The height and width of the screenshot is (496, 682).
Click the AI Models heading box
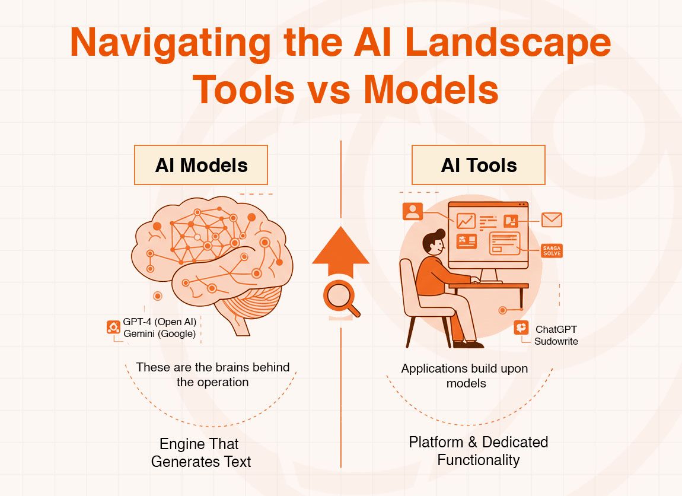[201, 165]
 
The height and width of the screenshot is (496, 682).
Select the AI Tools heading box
[478, 165]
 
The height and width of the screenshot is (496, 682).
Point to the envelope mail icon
[552, 220]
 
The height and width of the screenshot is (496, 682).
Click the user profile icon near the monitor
[413, 211]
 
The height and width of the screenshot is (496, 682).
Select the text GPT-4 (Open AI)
[160, 323]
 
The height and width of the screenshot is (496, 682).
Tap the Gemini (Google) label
[160, 333]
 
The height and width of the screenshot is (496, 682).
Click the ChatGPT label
[556, 329]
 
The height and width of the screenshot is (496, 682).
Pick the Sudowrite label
[556, 341]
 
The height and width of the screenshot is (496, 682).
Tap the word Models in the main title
[431, 89]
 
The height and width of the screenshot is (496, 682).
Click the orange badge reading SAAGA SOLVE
[552, 250]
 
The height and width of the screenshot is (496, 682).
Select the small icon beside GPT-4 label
[113, 327]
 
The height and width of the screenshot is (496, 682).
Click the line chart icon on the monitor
[466, 221]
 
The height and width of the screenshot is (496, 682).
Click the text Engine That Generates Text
[200, 453]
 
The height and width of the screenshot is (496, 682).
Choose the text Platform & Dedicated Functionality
[478, 451]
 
